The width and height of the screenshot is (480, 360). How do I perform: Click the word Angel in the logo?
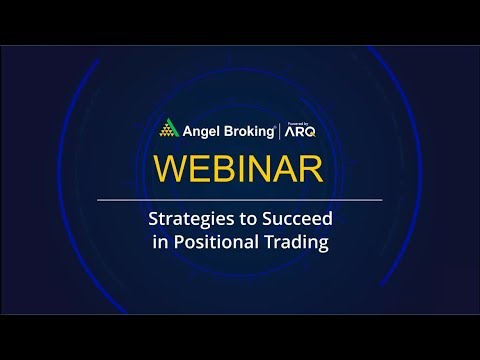point(201,130)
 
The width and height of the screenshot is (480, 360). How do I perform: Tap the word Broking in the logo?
point(247,130)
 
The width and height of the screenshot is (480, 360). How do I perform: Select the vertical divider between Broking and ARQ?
point(282,130)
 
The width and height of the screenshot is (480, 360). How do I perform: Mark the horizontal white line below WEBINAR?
point(239,200)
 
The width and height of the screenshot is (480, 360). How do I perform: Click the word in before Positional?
point(160,243)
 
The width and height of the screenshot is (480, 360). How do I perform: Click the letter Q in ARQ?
point(314,131)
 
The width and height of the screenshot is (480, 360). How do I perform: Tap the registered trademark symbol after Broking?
point(277,124)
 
